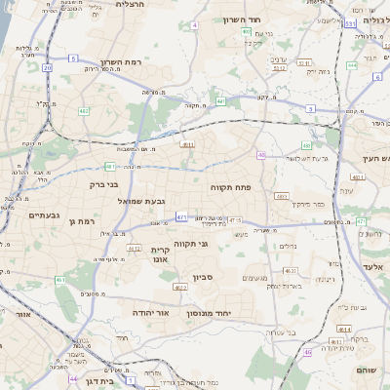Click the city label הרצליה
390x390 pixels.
pos(130,5)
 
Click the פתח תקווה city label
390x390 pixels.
pos(230,185)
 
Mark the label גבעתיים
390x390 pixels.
pos(45,214)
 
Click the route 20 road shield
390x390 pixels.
pos(47,68)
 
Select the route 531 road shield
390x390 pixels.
pos(350,21)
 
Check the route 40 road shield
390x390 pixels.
pos(261,155)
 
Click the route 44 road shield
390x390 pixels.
pos(73,378)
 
